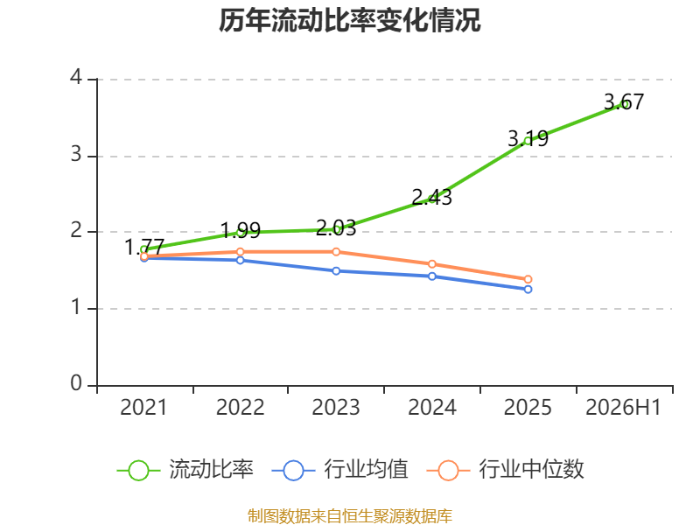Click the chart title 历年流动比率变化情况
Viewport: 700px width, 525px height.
[x=349, y=20]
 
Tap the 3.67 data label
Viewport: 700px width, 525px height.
[x=624, y=101]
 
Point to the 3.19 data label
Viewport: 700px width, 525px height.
[x=528, y=138]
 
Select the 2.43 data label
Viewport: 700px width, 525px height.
[x=431, y=197]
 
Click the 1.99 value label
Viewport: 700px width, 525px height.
[x=240, y=230]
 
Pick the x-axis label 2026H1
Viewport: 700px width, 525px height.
[x=623, y=407]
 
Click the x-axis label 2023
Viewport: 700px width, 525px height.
[x=336, y=407]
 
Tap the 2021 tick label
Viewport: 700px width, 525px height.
[x=143, y=407]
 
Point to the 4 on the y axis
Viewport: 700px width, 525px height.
[x=76, y=78]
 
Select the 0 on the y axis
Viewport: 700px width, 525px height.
[x=76, y=383]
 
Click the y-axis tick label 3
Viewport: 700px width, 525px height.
[x=76, y=155]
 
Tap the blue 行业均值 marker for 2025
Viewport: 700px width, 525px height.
[x=528, y=290]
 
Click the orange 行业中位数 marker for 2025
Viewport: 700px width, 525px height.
[x=528, y=279]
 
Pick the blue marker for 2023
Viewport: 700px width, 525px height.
[x=336, y=271]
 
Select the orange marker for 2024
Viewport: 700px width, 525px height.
[x=432, y=264]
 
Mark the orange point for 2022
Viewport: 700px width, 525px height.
[x=240, y=252]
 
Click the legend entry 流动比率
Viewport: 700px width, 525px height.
[x=185, y=470]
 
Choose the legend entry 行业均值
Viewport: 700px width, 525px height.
[x=339, y=470]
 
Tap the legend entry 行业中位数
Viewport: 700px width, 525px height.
[x=506, y=470]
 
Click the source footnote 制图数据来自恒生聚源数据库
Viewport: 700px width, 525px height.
[x=350, y=516]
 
